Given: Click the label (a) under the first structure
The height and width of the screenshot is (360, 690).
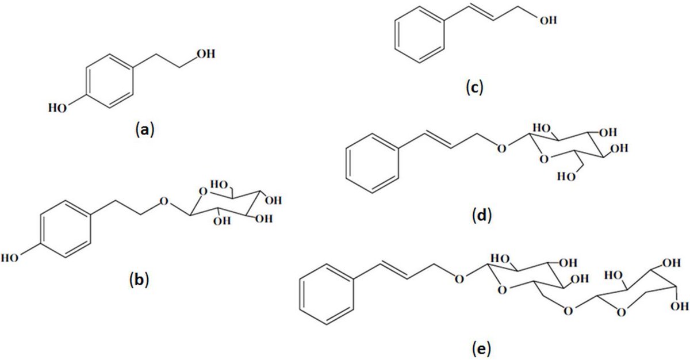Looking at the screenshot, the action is click(x=143, y=130).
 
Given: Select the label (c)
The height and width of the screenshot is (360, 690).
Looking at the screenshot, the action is click(x=475, y=88).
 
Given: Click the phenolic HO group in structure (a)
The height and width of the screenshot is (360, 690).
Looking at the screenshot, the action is click(x=57, y=108).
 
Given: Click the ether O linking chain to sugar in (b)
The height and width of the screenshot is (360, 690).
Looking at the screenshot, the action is click(x=164, y=202).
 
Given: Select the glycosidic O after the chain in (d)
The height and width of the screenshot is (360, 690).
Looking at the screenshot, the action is click(x=502, y=148).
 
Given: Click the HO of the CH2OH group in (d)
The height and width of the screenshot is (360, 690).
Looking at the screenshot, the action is click(x=565, y=177).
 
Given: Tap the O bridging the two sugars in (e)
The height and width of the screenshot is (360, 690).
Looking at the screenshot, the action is click(x=568, y=311).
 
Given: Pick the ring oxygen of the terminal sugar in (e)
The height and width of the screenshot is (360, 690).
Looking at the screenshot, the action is click(x=619, y=311).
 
